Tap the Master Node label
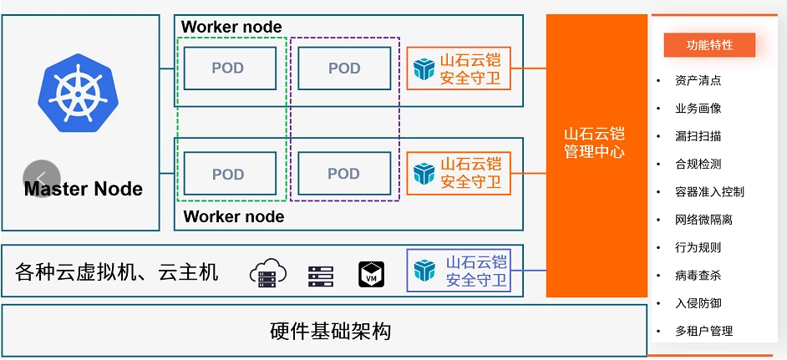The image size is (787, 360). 84,189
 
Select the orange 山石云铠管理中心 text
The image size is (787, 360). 594,143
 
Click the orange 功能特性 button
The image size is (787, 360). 709,45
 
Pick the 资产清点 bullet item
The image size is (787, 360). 698,80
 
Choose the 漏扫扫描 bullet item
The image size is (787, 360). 698,136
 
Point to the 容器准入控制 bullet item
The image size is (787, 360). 709,191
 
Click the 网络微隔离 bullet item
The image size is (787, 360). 703,220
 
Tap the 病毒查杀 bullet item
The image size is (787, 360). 698,275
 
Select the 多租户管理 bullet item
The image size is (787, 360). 703,331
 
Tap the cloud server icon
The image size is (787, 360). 267,272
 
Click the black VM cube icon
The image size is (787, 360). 371,273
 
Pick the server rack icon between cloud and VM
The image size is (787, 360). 320,273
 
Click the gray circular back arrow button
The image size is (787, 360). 42,178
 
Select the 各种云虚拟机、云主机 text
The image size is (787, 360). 117,271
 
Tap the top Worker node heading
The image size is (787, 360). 231,27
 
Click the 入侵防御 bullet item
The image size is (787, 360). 698,303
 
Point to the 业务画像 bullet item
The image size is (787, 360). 698,109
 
